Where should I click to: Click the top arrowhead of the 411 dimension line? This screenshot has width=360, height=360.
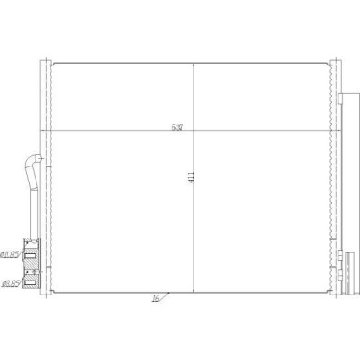[x=194, y=65]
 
